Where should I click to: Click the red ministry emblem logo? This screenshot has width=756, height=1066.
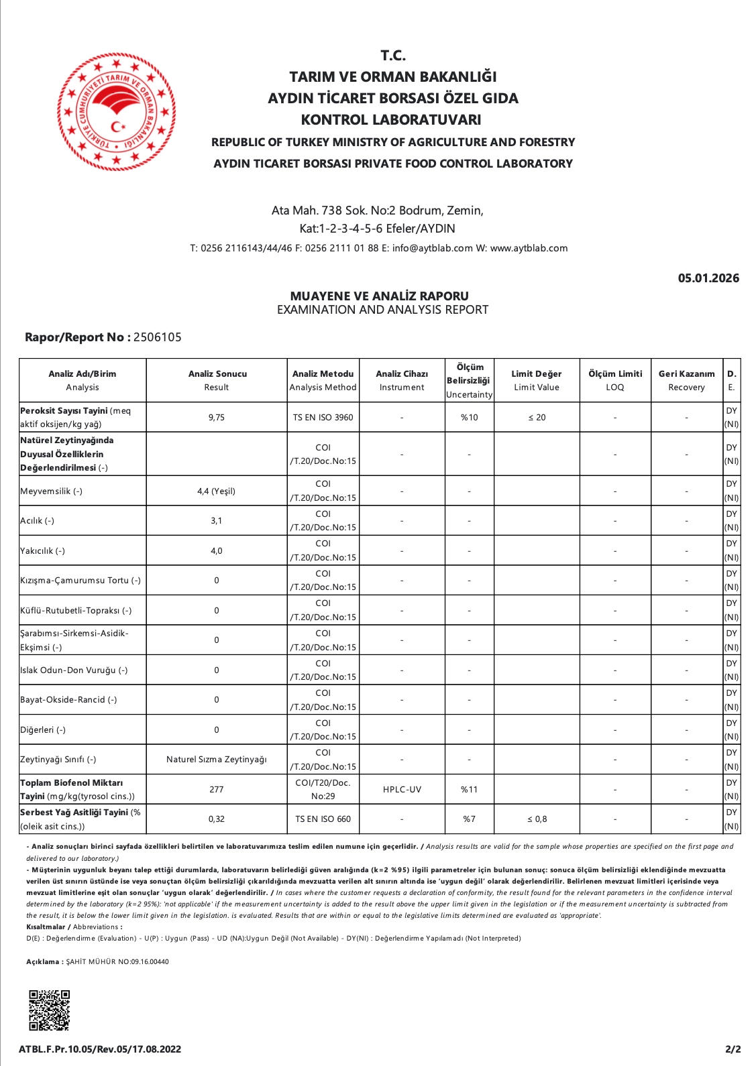tap(116, 111)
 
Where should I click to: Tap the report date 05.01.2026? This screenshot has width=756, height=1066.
tap(708, 278)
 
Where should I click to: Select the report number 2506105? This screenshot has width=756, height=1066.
tap(157, 337)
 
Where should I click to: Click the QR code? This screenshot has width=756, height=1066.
tap(49, 1010)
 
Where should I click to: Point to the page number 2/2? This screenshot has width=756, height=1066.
tap(733, 1049)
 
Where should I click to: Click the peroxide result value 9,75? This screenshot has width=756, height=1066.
tap(216, 418)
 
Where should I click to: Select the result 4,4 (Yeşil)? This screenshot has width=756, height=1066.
tap(216, 491)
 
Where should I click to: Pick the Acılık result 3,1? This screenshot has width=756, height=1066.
tap(216, 521)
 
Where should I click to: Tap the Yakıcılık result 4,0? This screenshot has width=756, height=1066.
tap(216, 551)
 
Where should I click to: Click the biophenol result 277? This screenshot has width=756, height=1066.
tap(216, 790)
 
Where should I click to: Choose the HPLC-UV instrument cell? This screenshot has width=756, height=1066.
tap(402, 790)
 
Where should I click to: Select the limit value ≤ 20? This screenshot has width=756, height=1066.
tap(537, 418)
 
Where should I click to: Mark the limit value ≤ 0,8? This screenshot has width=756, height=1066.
tap(537, 819)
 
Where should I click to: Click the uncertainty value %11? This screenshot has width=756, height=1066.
tap(469, 790)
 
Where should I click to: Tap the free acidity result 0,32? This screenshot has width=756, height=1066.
tap(216, 819)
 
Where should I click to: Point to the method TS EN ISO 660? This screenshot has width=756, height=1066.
tap(323, 819)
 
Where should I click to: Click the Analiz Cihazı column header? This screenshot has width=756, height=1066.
tap(402, 380)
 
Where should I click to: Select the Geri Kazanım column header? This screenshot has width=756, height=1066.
tap(686, 380)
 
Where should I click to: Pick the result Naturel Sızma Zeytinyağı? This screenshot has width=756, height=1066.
tap(216, 760)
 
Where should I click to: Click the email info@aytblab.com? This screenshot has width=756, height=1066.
tap(432, 248)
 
